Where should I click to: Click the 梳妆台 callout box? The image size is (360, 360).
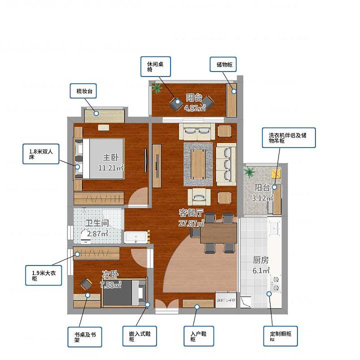pos(83,91)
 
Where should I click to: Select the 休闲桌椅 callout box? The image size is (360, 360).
pos(155,66)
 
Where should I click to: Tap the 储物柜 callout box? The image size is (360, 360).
pos(223,64)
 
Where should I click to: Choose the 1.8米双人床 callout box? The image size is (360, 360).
pos(41,154)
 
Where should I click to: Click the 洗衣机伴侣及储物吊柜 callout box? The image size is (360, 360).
pos(289,138)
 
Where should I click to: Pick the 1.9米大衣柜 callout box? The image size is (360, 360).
pos(43,275)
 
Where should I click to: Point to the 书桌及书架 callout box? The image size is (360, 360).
pos(84,337)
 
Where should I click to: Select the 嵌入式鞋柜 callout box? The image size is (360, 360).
pos(139,336)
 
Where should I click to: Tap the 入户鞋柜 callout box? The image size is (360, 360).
pos(199,336)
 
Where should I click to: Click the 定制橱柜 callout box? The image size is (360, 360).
pos(280,336)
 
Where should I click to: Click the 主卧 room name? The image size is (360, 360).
pos(110,157)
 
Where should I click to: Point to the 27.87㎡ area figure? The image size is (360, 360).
pos(191,223)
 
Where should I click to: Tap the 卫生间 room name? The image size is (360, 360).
pos(97,223)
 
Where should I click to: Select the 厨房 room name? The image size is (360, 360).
pos(261,260)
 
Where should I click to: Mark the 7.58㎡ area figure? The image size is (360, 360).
pos(110,285)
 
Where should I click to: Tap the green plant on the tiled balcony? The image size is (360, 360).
pos(249,171)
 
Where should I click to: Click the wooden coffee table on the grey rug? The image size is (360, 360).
pos(198,164)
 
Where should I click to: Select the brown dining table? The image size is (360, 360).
pos(218,233)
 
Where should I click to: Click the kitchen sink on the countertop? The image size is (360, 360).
pos(275,227)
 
